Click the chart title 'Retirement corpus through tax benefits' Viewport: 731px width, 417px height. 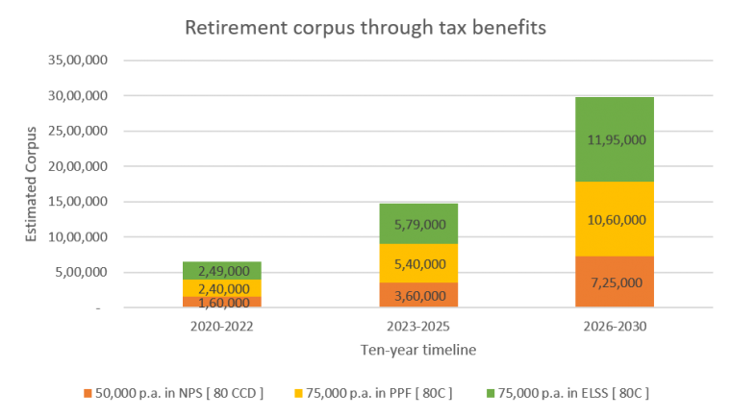pos(365,28)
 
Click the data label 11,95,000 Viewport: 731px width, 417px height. pos(616,139)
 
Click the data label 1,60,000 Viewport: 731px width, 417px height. pos(222,302)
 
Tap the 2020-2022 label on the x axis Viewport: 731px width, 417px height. pos(222,327)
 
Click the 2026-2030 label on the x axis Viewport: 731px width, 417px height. pos(616,327)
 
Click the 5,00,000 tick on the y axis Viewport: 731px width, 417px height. pos(81,272)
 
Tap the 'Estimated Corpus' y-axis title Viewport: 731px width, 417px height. pos(31,184)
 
